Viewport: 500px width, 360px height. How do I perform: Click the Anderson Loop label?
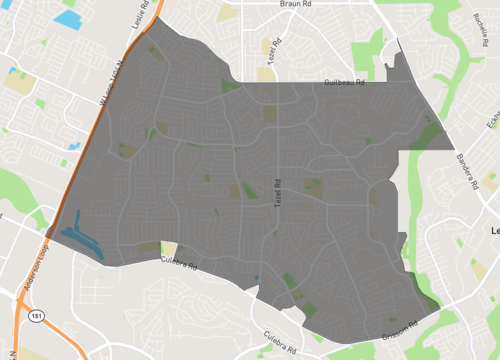click(30, 279)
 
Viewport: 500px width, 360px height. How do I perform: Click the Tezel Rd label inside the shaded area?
click(279, 188)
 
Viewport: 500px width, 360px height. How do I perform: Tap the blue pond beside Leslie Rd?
click(68, 18)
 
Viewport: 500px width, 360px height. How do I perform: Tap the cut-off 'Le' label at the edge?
click(493, 230)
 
